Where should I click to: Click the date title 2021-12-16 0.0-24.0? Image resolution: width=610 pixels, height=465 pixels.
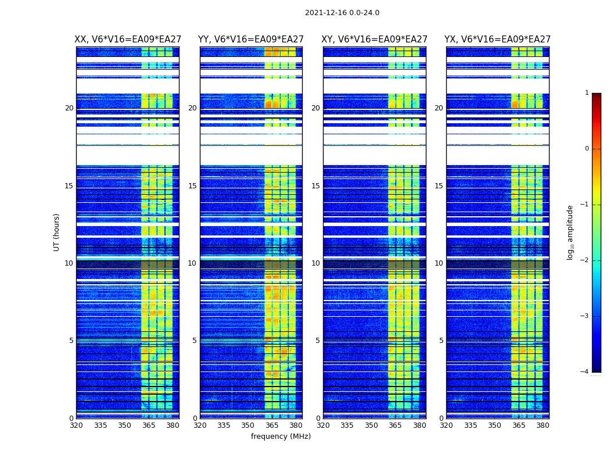pyautogui.click(x=342, y=13)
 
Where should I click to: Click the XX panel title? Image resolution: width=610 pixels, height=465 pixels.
pyautogui.click(x=128, y=40)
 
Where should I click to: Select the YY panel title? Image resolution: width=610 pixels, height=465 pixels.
pyautogui.click(x=251, y=40)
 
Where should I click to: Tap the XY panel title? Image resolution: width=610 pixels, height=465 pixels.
pyautogui.click(x=375, y=40)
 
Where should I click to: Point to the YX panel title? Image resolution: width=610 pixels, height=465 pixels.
pyautogui.click(x=497, y=40)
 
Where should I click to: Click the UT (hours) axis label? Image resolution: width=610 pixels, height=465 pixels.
pyautogui.click(x=57, y=232)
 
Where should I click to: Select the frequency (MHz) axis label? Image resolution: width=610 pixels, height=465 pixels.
pyautogui.click(x=281, y=437)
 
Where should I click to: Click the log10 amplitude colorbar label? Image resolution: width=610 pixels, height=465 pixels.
pyautogui.click(x=570, y=232)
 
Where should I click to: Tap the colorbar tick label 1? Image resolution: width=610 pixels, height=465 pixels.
pyautogui.click(x=587, y=93)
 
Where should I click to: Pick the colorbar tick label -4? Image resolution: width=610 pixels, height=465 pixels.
pyautogui.click(x=585, y=372)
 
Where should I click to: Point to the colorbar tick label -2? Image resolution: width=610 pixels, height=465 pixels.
pyautogui.click(x=585, y=260)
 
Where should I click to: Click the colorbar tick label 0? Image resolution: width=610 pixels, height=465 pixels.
pyautogui.click(x=587, y=149)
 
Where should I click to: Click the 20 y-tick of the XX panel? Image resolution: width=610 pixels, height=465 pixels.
pyautogui.click(x=69, y=108)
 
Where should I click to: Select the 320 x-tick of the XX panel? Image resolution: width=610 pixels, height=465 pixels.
pyautogui.click(x=76, y=425)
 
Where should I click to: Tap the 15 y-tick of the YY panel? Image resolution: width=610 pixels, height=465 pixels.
pyautogui.click(x=192, y=186)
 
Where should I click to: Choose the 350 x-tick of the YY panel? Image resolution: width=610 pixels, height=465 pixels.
pyautogui.click(x=248, y=425)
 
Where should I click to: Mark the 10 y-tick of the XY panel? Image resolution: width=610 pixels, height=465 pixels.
pyautogui.click(x=315, y=263)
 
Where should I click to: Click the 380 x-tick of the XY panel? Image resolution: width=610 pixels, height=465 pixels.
pyautogui.click(x=419, y=425)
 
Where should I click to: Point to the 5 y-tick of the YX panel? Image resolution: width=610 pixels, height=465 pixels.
pyautogui.click(x=441, y=341)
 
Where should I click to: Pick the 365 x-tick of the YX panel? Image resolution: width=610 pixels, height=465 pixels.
pyautogui.click(x=518, y=425)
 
